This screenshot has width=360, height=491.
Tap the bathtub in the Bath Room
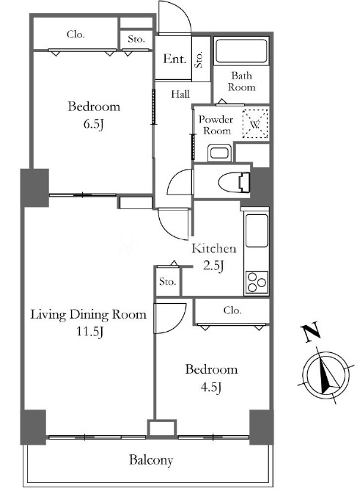click(241, 51)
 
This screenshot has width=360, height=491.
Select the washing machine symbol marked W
click(255, 123)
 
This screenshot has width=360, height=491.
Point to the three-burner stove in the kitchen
click(257, 282)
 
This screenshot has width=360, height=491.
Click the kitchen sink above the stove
click(257, 230)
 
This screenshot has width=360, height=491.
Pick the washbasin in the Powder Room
click(219, 153)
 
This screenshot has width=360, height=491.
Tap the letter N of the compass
click(310, 331)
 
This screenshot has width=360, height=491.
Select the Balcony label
click(151, 460)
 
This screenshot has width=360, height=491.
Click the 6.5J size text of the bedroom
click(93, 124)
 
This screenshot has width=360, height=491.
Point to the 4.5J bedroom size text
click(211, 388)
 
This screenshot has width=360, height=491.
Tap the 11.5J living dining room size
click(89, 332)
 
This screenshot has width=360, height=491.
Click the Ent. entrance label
click(175, 59)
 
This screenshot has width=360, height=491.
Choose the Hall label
click(180, 94)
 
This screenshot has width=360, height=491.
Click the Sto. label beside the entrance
click(199, 59)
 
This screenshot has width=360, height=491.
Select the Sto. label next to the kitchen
click(167, 282)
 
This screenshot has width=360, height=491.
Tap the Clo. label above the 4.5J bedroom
click(232, 310)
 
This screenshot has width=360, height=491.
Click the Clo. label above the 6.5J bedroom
click(76, 34)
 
